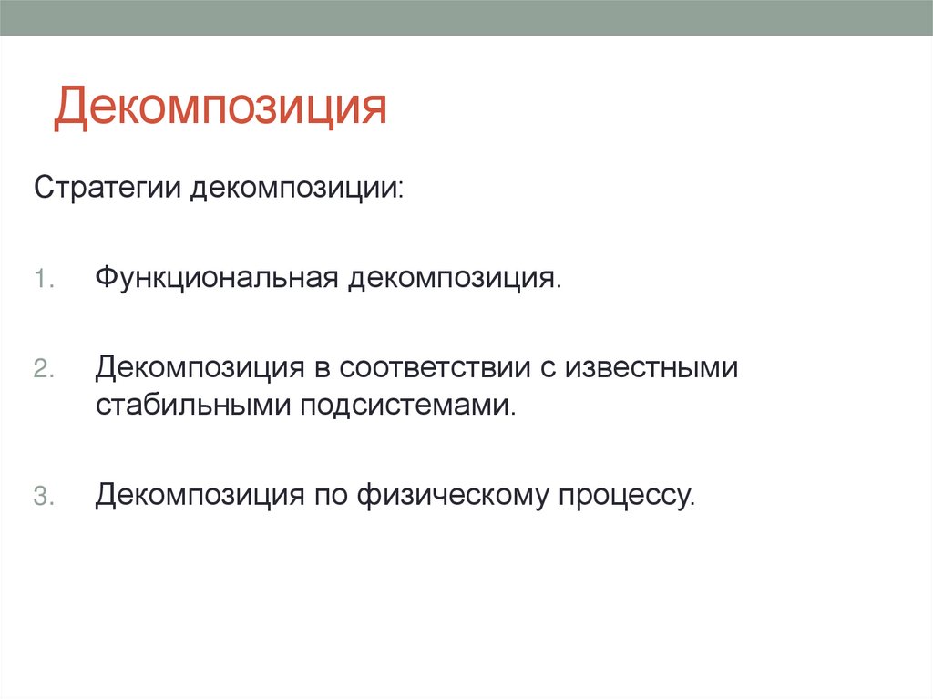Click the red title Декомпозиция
(220, 107)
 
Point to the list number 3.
(43, 497)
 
